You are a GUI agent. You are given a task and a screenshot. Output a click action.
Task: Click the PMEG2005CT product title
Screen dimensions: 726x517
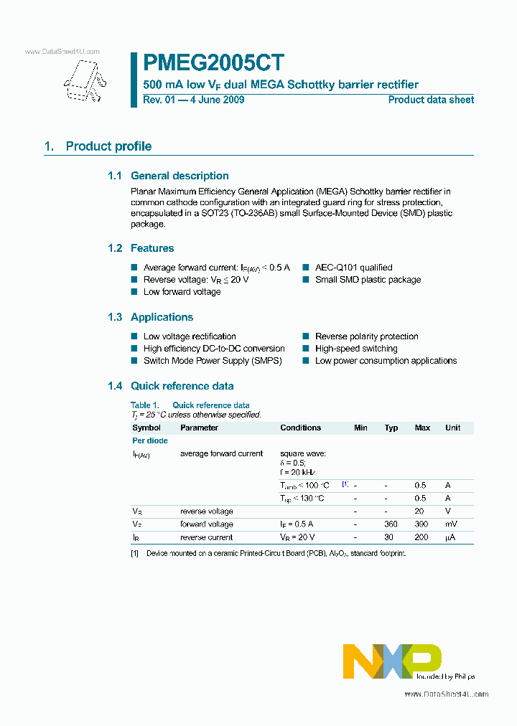pos(213,62)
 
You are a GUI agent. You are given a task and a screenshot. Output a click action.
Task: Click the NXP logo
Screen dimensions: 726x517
pos(392,660)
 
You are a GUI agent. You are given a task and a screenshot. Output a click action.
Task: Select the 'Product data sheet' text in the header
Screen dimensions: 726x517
pos(431,100)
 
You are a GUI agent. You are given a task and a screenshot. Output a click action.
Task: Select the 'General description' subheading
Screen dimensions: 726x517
pos(180,176)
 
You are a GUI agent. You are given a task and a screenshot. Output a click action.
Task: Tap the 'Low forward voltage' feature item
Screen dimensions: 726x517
pos(182,292)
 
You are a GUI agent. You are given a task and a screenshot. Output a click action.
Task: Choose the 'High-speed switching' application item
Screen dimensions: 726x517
pos(356,349)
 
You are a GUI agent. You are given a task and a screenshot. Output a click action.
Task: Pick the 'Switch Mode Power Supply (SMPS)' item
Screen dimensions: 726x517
pos(213,361)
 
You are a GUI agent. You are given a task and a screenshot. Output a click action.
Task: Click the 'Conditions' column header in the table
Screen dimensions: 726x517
pos(300,428)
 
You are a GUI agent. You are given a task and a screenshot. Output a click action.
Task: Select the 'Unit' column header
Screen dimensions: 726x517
pos(452,428)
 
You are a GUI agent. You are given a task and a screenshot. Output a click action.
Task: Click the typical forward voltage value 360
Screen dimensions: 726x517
pos(391,524)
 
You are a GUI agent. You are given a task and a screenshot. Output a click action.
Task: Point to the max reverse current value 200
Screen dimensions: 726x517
pos(422,537)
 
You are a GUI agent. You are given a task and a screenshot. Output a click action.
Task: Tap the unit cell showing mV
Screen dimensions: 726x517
pos(452,524)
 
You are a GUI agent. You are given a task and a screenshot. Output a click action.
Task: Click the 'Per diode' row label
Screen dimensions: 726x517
pos(150,440)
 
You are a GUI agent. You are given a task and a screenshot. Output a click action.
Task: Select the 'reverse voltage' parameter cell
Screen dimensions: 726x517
pos(206,511)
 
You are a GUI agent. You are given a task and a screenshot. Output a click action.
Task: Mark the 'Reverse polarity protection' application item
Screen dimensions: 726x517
pos(366,336)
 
